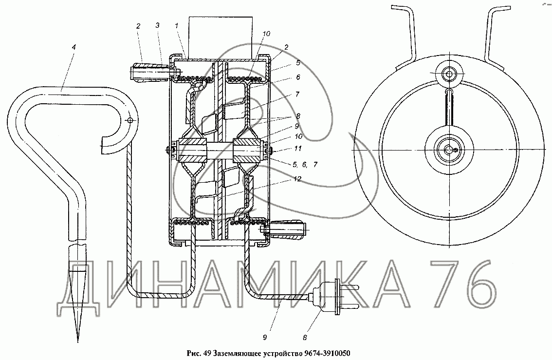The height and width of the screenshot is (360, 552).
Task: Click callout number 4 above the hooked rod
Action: pyautogui.click(x=74, y=47)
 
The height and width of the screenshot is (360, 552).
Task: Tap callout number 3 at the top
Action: pyautogui.click(x=157, y=25)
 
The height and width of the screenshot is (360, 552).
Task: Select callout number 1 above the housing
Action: pyautogui.click(x=176, y=25)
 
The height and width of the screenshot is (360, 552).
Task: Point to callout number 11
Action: pyautogui.click(x=298, y=149)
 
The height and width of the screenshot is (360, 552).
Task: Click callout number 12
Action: pyautogui.click(x=297, y=179)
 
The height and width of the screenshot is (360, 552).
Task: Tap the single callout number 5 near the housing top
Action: pyautogui.click(x=298, y=63)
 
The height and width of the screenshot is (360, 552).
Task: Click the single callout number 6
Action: pyautogui.click(x=298, y=77)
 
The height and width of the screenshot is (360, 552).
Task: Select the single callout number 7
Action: pyautogui.click(x=297, y=95)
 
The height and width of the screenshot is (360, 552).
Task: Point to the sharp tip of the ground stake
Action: pyautogui.click(x=78, y=341)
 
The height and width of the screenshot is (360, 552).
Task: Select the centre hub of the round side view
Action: pyautogui.click(x=449, y=150)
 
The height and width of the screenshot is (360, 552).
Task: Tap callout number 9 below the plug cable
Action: pyautogui.click(x=264, y=338)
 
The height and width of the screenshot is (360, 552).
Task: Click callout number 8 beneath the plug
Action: pyautogui.click(x=305, y=338)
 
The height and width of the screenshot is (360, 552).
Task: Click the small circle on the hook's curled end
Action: pyautogui.click(x=130, y=120)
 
